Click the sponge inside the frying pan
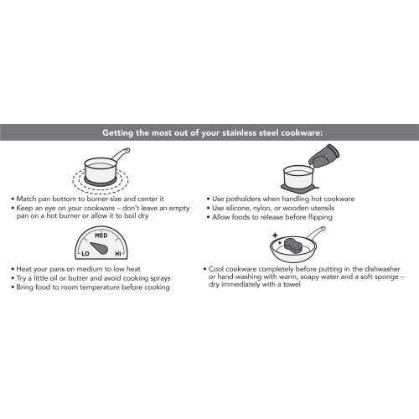[293, 246]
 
